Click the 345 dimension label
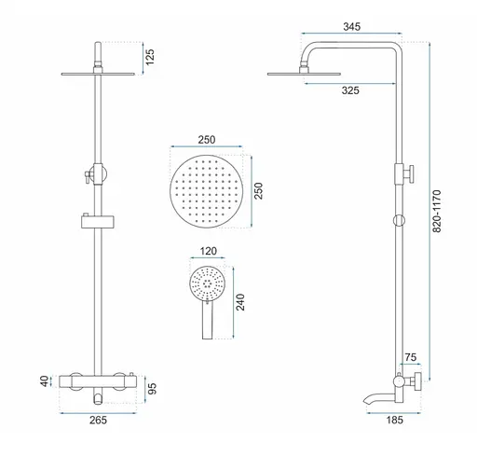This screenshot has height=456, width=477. point(352,27)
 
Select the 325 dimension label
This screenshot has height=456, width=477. point(350,90)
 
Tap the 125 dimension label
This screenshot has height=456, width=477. point(150,57)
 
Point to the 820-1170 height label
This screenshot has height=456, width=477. point(437,211)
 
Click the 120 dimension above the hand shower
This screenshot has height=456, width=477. point(208,251)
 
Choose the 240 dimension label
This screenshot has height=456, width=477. point(240,302)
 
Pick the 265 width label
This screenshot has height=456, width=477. point(98,420)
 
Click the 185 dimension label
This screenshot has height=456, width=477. point(394,420)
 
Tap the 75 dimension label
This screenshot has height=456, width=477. point(411,357)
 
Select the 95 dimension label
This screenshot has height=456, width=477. point(152,389)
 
